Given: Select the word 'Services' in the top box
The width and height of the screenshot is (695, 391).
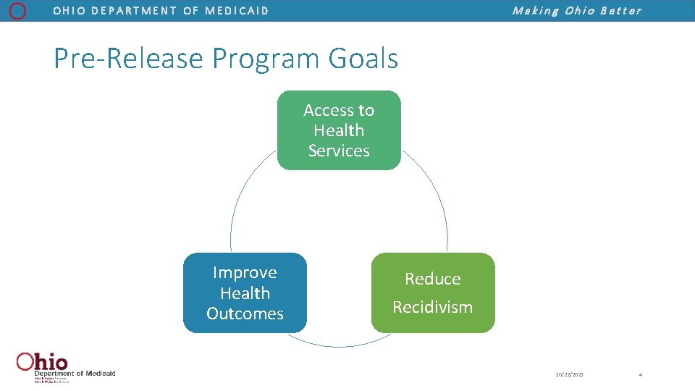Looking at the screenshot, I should click(x=339, y=151).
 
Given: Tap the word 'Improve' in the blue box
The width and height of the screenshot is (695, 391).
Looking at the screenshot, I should click(x=245, y=273).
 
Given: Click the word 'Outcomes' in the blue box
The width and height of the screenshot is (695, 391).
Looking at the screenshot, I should click(x=245, y=314).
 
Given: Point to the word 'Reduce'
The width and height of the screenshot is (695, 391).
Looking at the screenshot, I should click(x=432, y=279).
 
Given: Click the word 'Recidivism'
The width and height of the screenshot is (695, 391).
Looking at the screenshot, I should click(x=432, y=307).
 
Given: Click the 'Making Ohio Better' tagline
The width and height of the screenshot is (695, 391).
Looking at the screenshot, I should click(x=576, y=11).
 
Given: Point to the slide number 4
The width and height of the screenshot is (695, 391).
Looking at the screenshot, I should click(x=640, y=374).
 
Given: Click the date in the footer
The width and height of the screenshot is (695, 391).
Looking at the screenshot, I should click(x=569, y=374).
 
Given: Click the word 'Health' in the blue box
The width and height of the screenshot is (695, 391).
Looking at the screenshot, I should click(x=245, y=293).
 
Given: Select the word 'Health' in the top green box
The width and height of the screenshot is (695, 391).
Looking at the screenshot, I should click(x=339, y=130).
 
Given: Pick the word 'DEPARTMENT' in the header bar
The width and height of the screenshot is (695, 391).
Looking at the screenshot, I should click(x=133, y=11).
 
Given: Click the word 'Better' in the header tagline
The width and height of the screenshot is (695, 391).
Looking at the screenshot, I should click(x=620, y=11).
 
